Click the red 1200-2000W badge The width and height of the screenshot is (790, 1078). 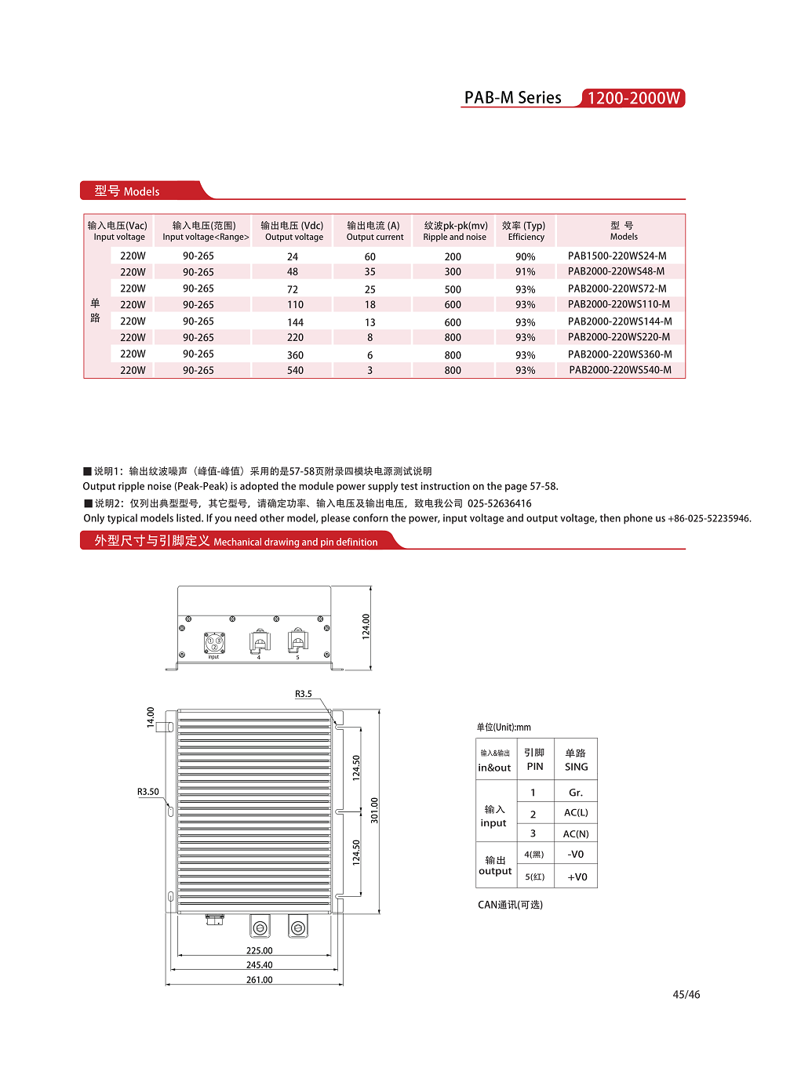pos(633,98)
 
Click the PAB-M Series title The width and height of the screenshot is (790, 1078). pos(512,98)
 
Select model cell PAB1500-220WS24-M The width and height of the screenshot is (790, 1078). pos(617,256)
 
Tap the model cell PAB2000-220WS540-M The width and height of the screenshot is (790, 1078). pos(620,370)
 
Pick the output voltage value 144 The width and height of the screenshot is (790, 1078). pos(295,322)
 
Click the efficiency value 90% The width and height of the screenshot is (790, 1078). pos(525,257)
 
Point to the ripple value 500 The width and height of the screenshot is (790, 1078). pos(453,289)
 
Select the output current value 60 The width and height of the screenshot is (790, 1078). pos(370,257)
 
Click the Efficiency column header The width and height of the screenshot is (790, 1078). pos(525,231)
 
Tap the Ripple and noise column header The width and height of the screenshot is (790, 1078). pos(455,231)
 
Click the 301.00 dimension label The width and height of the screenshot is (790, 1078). pos(374,810)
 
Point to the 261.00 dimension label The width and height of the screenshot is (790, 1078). pos(259,980)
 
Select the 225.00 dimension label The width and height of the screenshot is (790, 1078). pos(259,951)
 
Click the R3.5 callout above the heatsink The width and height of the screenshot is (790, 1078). pos(304,694)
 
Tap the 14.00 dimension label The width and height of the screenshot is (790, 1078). pos(151,717)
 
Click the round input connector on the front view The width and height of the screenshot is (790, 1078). pos(214,643)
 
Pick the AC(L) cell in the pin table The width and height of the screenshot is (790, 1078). pos(576,813)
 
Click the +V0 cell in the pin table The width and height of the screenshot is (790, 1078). pos(577,877)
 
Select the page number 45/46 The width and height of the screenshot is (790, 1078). pos(686,995)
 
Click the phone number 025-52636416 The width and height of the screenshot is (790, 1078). pos(499,503)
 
